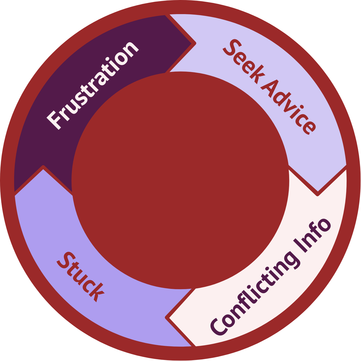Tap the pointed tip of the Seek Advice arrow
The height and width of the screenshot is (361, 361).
pyautogui.click(x=318, y=194)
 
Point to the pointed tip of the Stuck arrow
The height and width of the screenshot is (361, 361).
pyautogui.click(x=43, y=167)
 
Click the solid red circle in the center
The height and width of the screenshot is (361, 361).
pyautogui.click(x=180, y=180)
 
